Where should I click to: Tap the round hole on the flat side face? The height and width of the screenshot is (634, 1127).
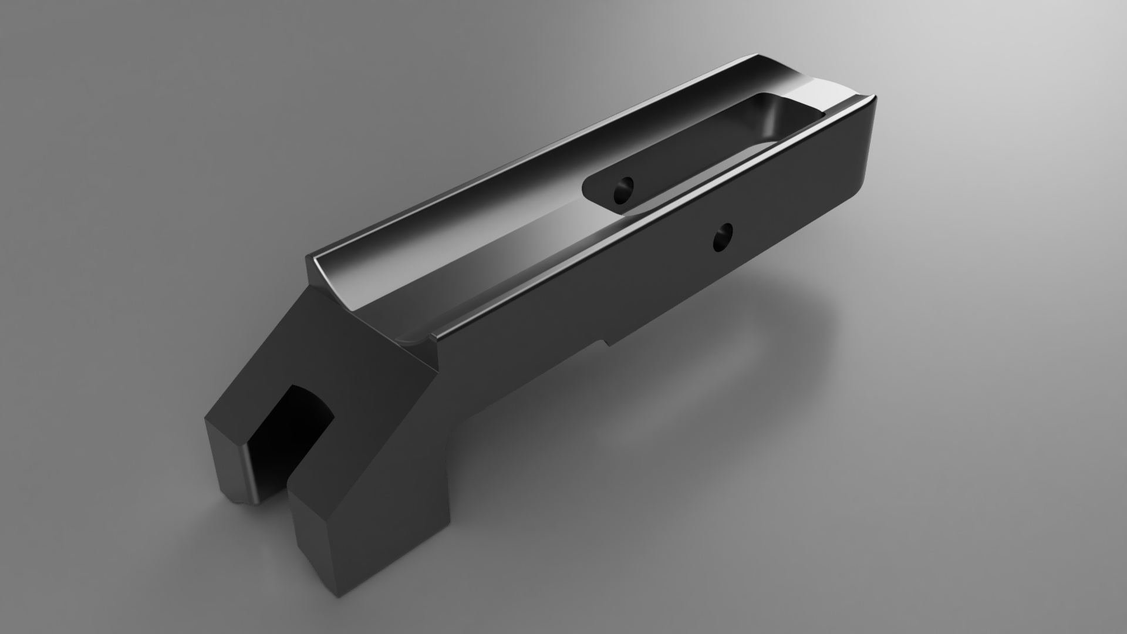[723, 238]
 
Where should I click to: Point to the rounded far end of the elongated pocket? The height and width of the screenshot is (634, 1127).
[769, 112]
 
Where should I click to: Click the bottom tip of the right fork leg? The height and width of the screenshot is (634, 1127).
[340, 593]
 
